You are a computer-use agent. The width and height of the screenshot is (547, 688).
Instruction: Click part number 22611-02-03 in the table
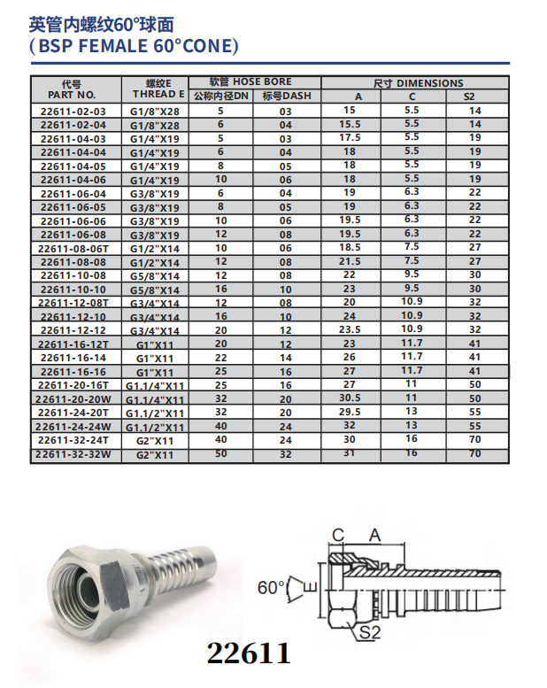coord(73,112)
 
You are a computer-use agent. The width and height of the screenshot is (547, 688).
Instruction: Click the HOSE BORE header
coord(250,81)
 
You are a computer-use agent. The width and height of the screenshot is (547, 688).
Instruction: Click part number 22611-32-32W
coord(73,455)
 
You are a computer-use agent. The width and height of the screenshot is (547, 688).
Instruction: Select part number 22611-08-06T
coord(73,249)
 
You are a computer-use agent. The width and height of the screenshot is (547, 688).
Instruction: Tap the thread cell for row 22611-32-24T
coord(155,439)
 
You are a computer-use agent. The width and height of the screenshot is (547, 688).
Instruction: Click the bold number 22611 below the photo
coord(248,653)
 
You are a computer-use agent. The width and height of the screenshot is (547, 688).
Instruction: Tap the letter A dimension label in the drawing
coord(374,534)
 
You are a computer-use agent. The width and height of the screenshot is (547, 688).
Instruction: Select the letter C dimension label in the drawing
coord(337,534)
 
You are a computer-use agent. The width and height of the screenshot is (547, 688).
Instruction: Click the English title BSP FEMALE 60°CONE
coord(134,46)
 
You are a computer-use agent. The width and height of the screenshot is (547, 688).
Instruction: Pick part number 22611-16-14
coord(73,357)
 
